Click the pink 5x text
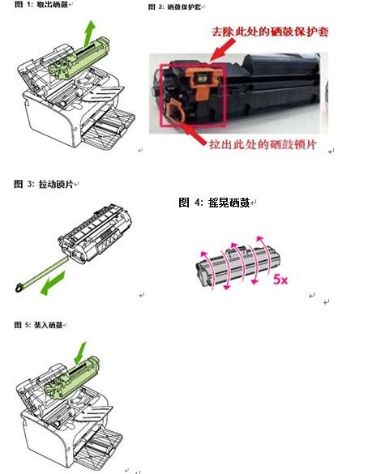pos(280,280)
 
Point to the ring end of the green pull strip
pos(18,287)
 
